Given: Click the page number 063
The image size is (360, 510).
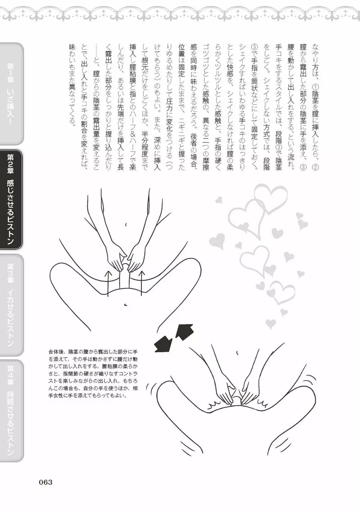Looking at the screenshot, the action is pos(46,482).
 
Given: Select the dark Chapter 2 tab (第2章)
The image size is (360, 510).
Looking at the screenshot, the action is pos(11,200).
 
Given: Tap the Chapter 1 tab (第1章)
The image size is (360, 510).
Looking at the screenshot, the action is pos(11,94).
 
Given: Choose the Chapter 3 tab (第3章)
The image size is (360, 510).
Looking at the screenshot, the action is pos(11,305).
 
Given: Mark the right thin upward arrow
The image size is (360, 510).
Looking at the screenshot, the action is pos(142,283).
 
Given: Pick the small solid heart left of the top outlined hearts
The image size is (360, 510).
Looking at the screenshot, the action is pos(219,200).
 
